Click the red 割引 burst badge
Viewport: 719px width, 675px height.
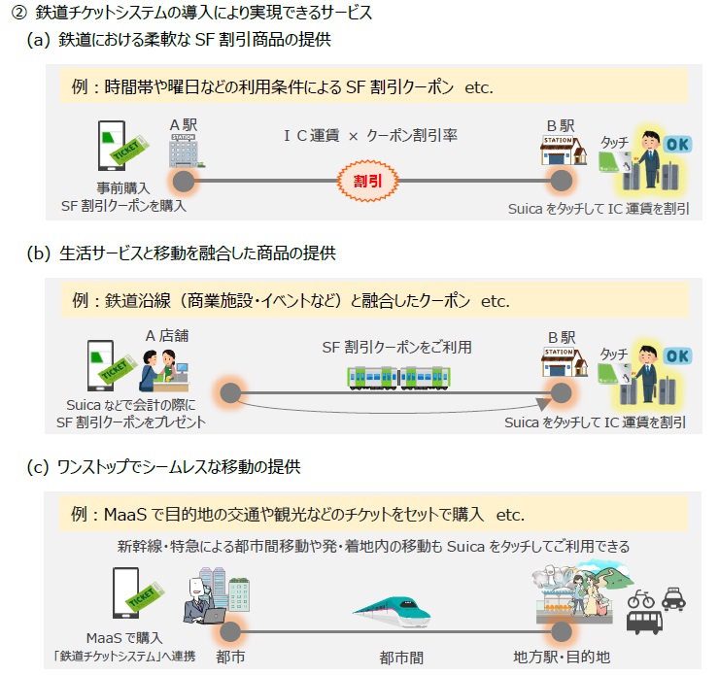click(x=366, y=182)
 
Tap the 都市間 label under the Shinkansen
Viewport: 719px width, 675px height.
click(x=401, y=657)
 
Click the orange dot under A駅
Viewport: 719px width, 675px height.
click(x=181, y=181)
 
